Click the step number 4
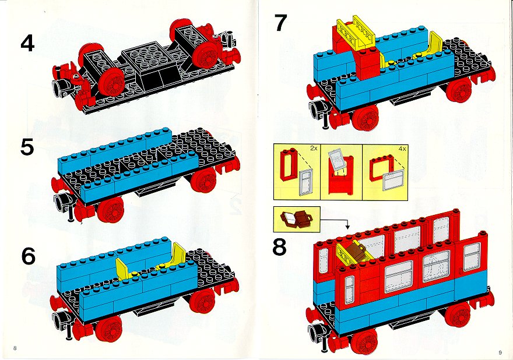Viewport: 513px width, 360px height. (27, 44)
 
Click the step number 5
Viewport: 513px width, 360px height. (27, 147)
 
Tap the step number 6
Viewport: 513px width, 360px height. (28, 256)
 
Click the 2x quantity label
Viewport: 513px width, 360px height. (314, 148)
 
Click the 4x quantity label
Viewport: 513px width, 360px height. (402, 148)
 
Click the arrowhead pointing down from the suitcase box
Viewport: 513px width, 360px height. (347, 227)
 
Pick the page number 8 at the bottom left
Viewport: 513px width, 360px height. (15, 348)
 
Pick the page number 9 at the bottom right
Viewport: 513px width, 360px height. (500, 352)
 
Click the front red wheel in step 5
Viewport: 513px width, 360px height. (111, 210)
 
